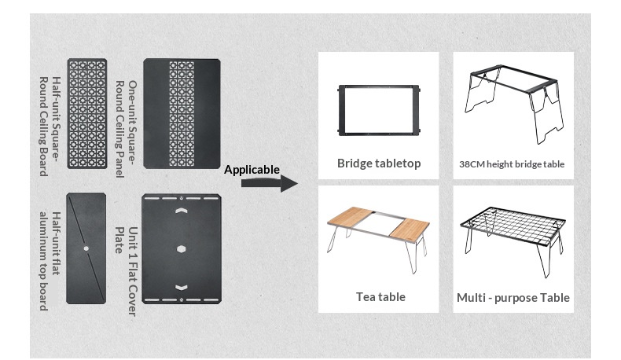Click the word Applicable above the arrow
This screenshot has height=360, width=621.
[252, 170]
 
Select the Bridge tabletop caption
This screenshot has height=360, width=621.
[379, 163]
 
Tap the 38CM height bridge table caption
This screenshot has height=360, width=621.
[512, 164]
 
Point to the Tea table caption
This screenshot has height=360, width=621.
[380, 296]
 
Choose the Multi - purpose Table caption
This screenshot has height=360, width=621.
[513, 298]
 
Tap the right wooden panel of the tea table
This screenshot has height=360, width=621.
[410, 224]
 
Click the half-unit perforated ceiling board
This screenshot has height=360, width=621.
[86, 115]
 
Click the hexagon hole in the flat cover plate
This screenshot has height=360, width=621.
[182, 248]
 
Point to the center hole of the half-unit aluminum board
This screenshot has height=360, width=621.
[86, 248]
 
